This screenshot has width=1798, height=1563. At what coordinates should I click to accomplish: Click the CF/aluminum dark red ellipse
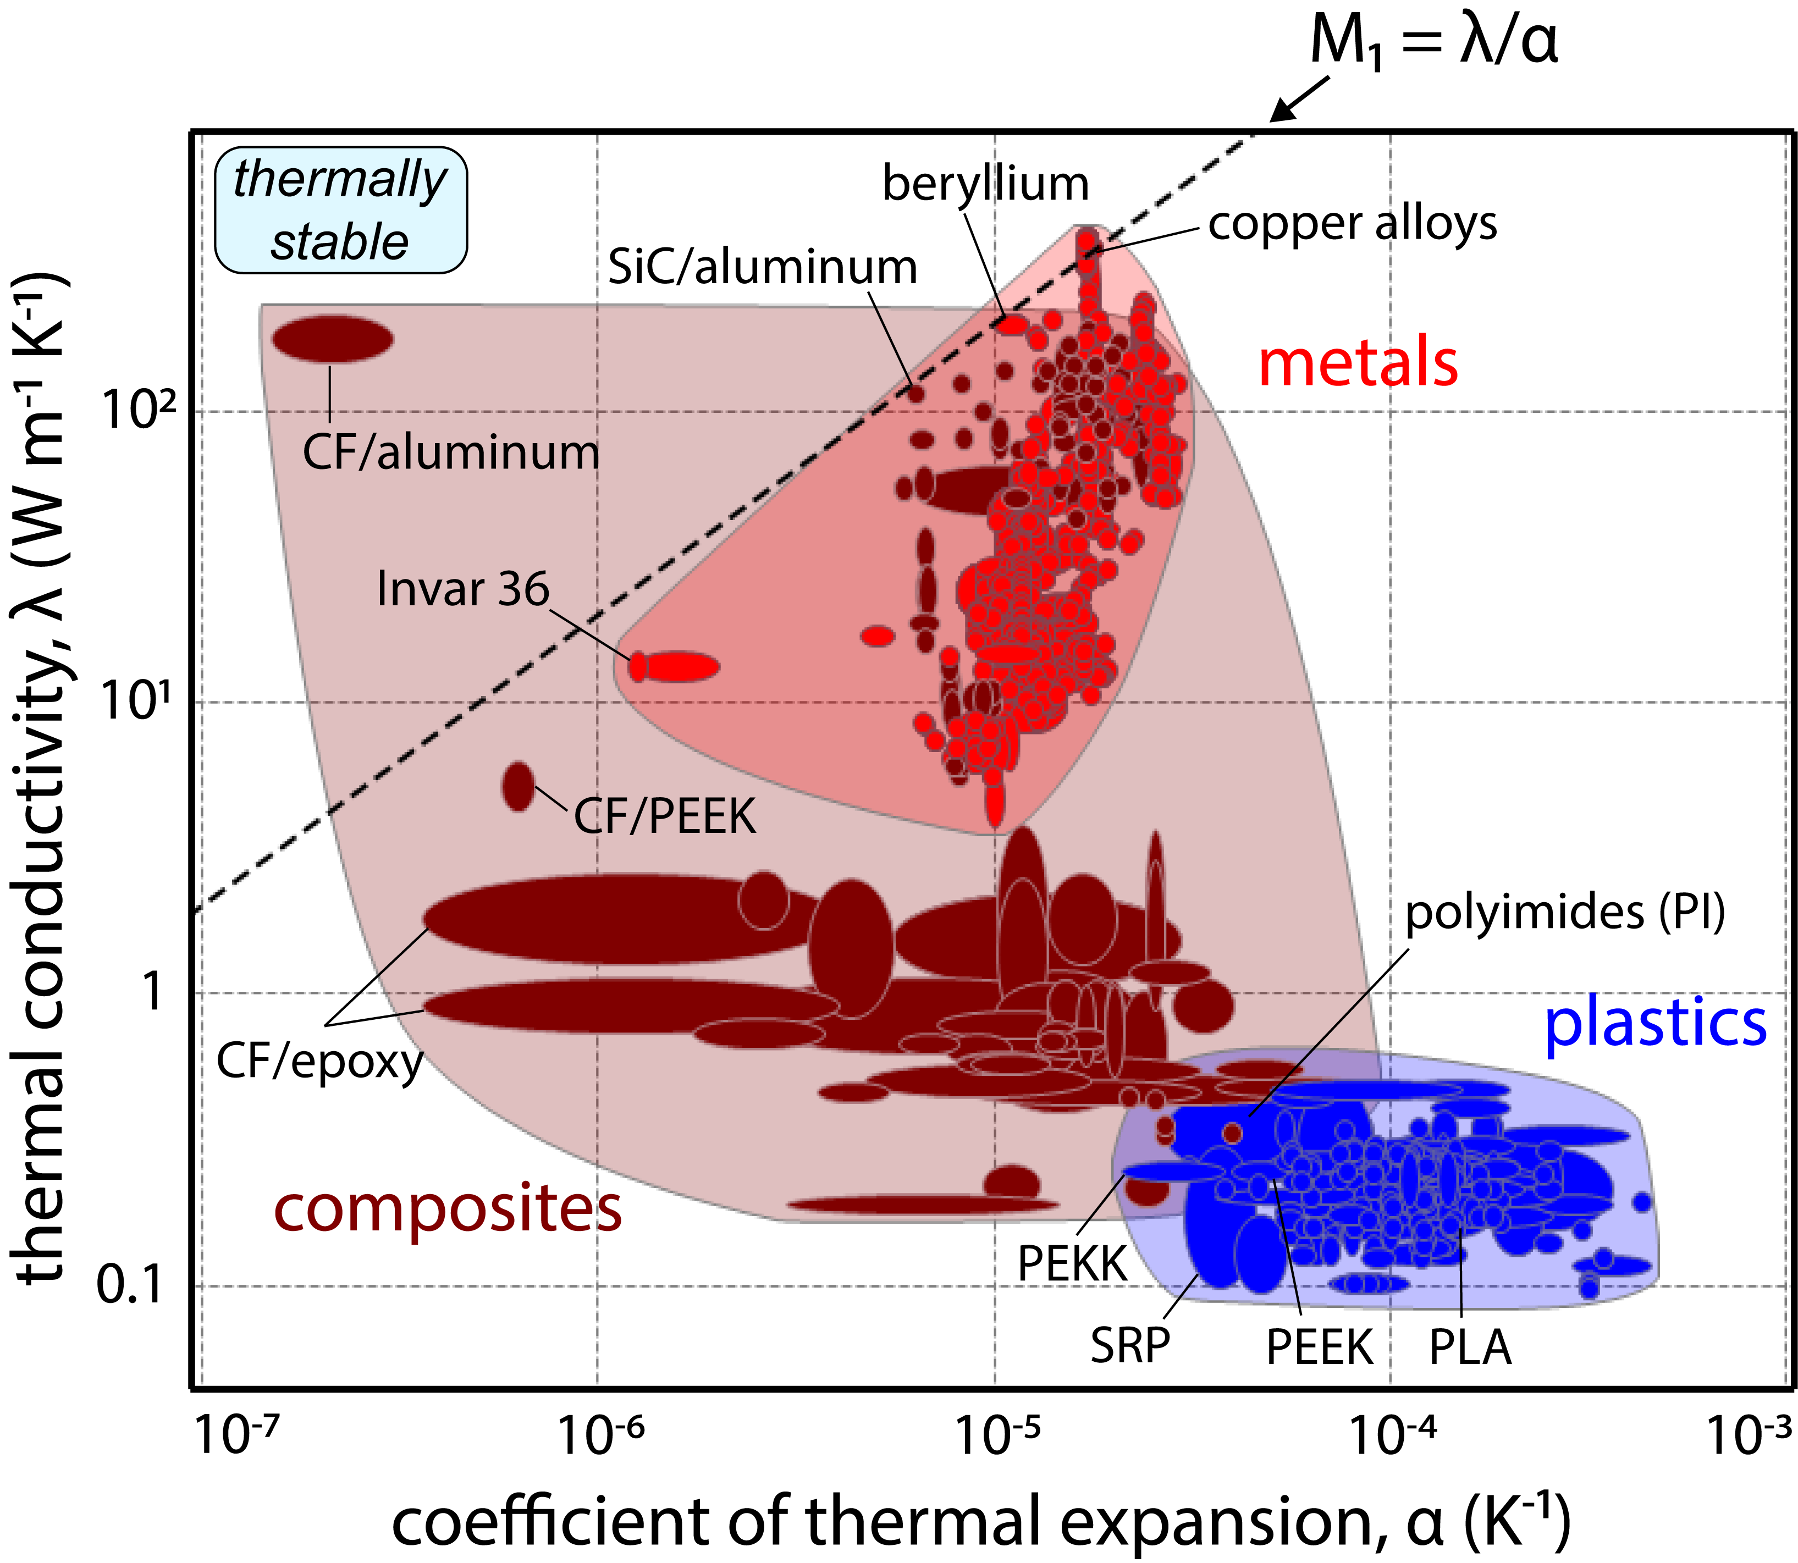click(x=332, y=339)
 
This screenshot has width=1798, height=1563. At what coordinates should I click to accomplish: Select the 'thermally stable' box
click(x=340, y=210)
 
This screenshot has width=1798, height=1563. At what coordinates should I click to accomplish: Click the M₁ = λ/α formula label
click(x=1433, y=42)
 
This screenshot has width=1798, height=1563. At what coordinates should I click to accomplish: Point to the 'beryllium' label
click(x=985, y=184)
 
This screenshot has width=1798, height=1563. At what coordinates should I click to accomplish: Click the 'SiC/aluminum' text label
click(x=762, y=267)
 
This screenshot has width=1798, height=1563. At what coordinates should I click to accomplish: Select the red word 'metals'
click(x=1358, y=364)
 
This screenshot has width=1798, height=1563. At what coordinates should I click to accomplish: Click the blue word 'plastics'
click(x=1655, y=1024)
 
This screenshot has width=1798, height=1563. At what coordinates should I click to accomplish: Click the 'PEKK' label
click(x=1072, y=1263)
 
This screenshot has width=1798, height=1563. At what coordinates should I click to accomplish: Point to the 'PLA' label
click(x=1469, y=1347)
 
